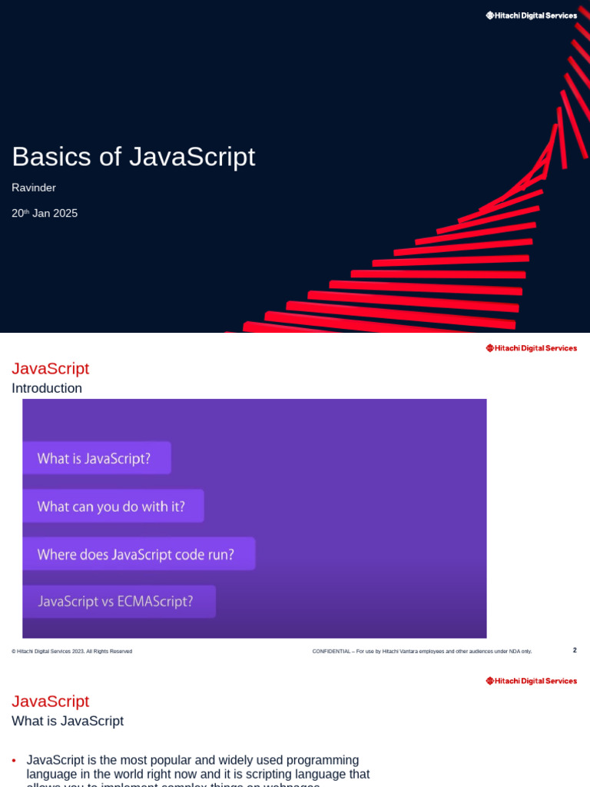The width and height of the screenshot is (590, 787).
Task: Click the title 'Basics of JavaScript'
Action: [x=133, y=157]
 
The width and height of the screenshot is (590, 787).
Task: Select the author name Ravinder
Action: [x=34, y=188]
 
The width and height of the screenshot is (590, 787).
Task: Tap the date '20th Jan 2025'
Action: [x=45, y=214]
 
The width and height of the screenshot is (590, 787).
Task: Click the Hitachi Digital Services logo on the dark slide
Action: [x=531, y=15]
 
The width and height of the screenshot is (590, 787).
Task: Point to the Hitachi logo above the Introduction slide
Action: [x=531, y=348]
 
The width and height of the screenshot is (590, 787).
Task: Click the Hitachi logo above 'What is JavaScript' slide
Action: [x=531, y=681]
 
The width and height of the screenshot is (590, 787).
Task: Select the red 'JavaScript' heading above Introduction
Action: [x=50, y=369]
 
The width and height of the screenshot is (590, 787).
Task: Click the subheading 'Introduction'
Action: [x=47, y=388]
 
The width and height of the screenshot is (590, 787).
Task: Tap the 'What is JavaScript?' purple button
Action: [x=95, y=459]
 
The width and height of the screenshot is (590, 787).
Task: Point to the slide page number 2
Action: [x=575, y=650]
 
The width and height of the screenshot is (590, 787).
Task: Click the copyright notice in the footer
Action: [x=71, y=652]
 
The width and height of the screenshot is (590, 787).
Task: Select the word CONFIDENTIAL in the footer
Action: [x=330, y=652]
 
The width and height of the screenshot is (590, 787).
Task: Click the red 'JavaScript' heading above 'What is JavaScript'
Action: [x=50, y=702]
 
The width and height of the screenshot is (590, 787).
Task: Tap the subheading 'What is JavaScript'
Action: [x=68, y=721]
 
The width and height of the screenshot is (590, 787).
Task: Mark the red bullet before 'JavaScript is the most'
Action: [x=15, y=761]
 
